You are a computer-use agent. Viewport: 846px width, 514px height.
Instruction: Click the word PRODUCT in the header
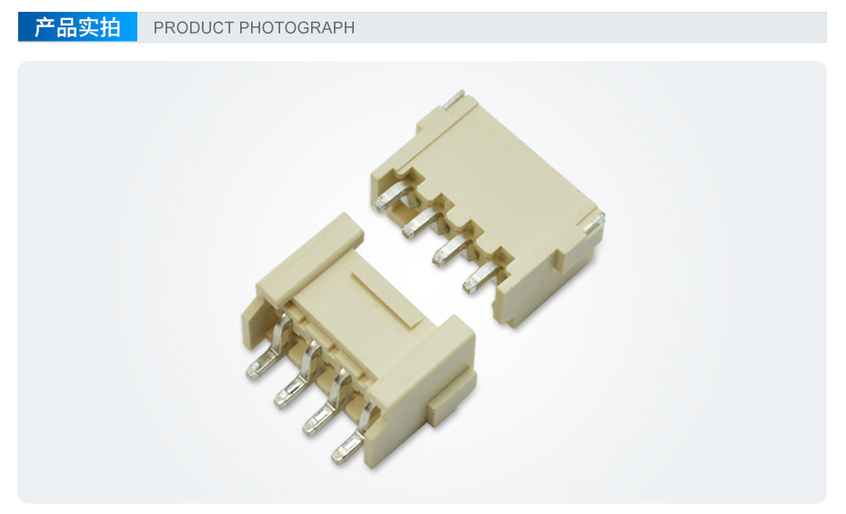[193, 27]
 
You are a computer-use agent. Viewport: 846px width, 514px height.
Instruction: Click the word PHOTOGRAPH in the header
[297, 27]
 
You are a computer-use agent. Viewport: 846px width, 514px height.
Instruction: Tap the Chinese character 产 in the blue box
[45, 27]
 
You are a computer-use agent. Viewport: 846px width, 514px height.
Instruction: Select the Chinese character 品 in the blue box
[67, 27]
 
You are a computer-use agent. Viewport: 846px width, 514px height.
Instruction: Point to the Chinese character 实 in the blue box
[88, 27]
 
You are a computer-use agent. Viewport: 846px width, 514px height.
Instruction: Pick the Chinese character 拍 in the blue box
[109, 27]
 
